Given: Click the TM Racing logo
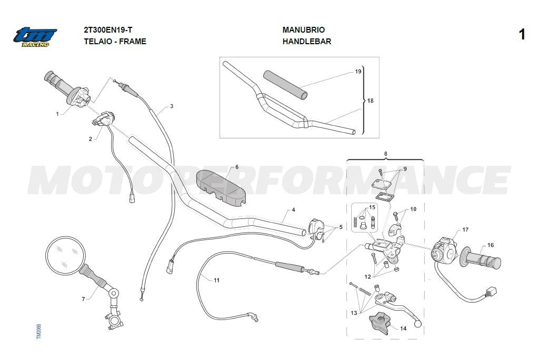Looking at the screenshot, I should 35,36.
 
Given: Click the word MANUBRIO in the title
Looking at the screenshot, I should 303,30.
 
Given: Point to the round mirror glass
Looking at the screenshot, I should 65,255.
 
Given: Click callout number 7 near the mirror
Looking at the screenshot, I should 83,299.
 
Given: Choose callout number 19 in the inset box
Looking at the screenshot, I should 358,72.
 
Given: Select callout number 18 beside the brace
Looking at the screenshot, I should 370,101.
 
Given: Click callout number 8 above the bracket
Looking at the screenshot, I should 385,154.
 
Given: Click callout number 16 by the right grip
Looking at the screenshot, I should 490,245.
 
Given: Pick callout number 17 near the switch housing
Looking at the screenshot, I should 465,229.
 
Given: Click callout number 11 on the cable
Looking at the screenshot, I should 216,280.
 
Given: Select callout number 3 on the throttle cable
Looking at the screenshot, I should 171,106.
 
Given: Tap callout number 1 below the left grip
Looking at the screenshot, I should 57,114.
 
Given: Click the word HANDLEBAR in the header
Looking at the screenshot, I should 306,42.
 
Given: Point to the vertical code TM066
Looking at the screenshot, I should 38,331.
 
